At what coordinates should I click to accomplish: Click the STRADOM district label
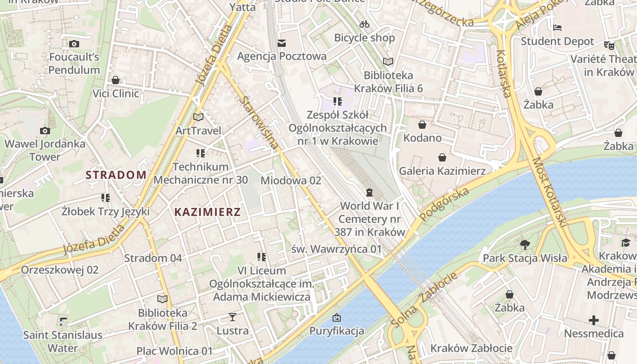click(116, 175)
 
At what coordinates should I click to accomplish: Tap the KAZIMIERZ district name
click(207, 212)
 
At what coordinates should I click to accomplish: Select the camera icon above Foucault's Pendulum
click(74, 44)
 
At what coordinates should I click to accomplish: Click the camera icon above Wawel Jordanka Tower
click(45, 131)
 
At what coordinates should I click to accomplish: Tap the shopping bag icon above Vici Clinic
click(116, 81)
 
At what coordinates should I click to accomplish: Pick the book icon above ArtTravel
click(198, 117)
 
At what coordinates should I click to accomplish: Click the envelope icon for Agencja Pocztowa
click(282, 43)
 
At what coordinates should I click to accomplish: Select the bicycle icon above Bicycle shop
click(364, 24)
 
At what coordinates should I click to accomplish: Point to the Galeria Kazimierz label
click(442, 171)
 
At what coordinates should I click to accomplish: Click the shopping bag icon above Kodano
click(422, 125)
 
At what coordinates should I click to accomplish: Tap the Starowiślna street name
click(261, 122)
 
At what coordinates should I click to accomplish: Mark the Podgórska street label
click(444, 204)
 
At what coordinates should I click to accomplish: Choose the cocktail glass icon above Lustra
click(233, 317)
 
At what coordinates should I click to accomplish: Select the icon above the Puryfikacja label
click(337, 318)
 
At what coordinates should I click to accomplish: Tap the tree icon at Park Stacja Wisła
click(525, 245)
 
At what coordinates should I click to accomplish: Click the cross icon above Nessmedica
click(594, 320)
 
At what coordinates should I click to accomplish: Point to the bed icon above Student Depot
click(557, 28)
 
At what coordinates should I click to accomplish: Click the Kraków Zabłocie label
click(471, 349)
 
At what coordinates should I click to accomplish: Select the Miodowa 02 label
click(291, 181)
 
